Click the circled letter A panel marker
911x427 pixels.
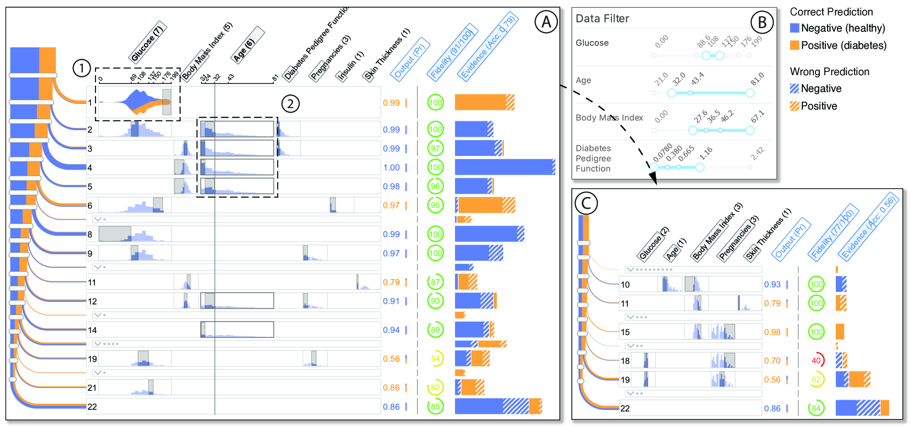[546, 22]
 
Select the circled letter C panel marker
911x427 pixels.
[586, 203]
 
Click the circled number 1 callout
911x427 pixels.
[81, 68]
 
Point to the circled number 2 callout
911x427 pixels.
[290, 103]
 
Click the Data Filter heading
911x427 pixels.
[602, 19]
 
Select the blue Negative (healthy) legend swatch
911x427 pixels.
[794, 28]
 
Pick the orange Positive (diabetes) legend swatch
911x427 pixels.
[794, 46]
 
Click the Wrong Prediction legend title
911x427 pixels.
[829, 72]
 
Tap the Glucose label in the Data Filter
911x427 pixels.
[592, 43]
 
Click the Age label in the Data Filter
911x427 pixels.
[583, 80]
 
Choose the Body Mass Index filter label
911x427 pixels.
[609, 117]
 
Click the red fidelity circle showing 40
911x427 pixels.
[817, 361]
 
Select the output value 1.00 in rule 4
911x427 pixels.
[391, 167]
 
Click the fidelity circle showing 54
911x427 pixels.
[435, 359]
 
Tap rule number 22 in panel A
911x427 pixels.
[92, 407]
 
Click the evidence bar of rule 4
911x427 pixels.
[504, 167]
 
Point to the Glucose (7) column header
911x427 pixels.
[148, 43]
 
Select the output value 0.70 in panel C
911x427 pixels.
[772, 361]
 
